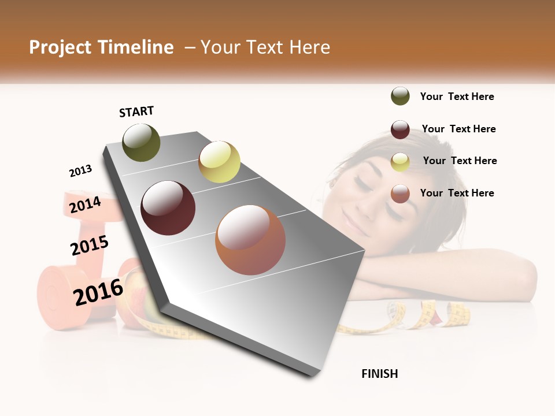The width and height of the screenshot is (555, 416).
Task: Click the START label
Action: click(136, 112)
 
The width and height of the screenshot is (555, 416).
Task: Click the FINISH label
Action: click(379, 374)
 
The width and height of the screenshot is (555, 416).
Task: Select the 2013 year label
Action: click(80, 171)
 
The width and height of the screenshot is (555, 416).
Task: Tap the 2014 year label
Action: click(85, 205)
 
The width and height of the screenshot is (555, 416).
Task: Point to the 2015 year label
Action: click(90, 246)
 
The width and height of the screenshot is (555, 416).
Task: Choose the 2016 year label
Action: click(98, 292)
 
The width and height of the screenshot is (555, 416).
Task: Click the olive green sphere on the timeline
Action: click(141, 142)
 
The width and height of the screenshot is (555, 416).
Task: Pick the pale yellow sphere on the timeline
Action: click(219, 162)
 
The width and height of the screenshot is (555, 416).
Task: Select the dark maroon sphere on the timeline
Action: click(168, 208)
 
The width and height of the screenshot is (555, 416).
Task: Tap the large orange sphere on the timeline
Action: click(250, 239)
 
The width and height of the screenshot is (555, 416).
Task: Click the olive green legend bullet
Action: click(400, 96)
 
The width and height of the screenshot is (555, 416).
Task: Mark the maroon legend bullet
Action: click(400, 129)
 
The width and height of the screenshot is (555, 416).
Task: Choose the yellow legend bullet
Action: click(400, 162)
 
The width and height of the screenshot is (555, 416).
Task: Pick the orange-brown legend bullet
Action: click(400, 194)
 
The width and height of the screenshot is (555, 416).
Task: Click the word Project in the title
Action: click(60, 47)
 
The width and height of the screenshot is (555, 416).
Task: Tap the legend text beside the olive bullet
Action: click(457, 96)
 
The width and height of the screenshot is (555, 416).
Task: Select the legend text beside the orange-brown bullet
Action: click(457, 193)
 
